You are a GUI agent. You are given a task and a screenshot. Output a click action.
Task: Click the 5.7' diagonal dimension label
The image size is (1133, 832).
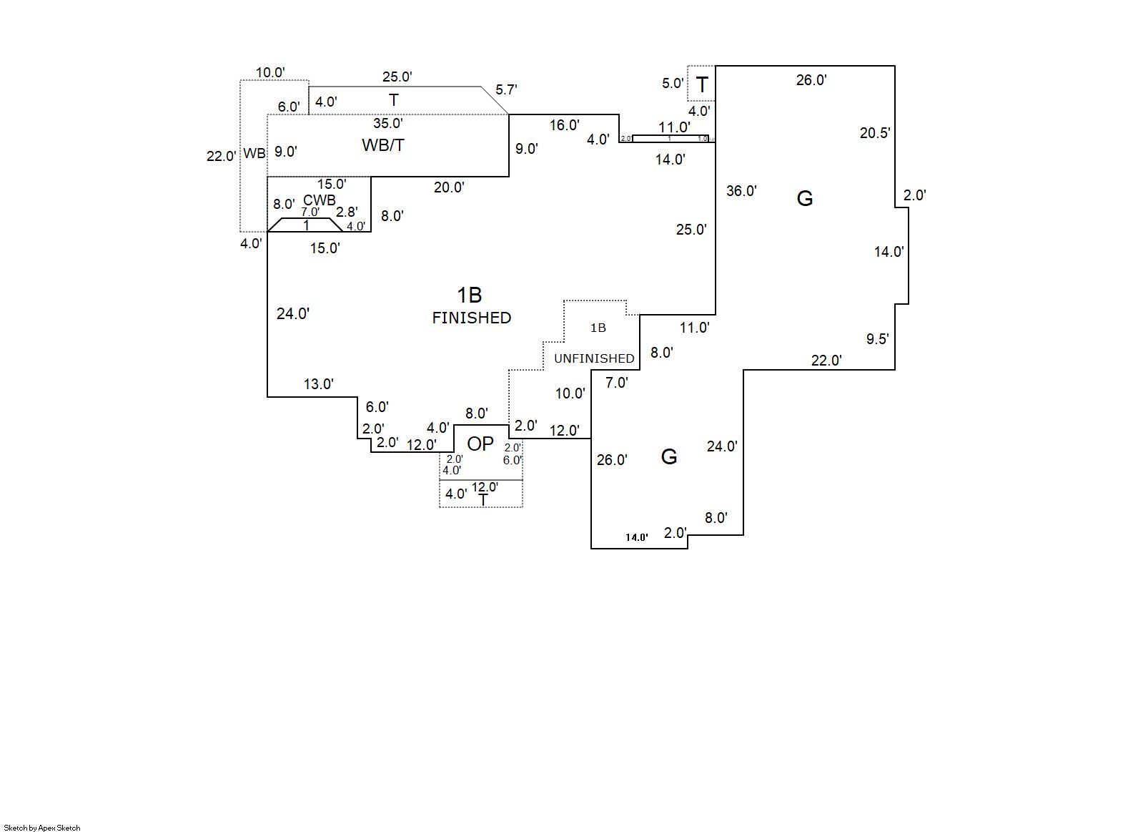coord(506,90)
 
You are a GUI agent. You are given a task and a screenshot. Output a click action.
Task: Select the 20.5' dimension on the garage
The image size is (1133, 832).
coord(875,133)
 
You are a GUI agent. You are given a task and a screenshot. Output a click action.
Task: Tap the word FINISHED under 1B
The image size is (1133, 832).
coord(472,318)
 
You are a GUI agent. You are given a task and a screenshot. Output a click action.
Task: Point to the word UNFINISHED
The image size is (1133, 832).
coord(594,358)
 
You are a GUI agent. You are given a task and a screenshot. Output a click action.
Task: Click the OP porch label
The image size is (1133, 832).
coord(480,444)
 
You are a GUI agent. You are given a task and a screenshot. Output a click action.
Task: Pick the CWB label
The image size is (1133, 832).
coord(320,200)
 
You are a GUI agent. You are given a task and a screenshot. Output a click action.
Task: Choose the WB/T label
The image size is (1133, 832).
coord(383,145)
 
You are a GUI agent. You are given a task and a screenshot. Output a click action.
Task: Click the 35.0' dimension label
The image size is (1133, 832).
coord(388,123)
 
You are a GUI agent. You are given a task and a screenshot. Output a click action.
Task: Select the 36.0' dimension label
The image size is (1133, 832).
coord(741,191)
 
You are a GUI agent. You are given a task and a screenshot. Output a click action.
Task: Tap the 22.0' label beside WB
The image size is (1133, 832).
coord(221,156)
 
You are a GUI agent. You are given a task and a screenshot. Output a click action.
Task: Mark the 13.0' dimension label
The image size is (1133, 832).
coord(318,384)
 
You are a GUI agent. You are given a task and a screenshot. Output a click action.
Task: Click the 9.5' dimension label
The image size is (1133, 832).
coord(877,339)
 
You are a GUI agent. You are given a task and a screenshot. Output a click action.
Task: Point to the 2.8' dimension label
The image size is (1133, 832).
coord(347,212)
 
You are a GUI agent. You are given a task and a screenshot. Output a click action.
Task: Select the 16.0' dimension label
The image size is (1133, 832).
coord(564,126)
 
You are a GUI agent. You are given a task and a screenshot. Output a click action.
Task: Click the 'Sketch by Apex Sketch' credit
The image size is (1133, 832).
coord(42,828)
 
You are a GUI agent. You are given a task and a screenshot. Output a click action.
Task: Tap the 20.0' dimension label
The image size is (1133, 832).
coord(449,187)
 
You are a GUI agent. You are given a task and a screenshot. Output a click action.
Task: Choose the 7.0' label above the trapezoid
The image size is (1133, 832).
coord(310,212)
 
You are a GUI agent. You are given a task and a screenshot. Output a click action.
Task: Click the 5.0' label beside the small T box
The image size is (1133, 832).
coord(673,83)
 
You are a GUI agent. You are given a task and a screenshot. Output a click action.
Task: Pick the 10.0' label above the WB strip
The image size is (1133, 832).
coord(270,72)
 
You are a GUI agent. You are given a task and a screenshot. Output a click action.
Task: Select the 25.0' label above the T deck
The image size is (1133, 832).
coord(397,77)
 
